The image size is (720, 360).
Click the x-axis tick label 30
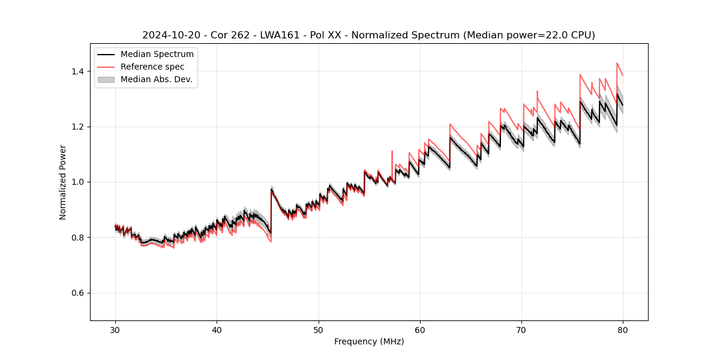[x=115, y=330]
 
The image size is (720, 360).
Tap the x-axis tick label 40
[x=217, y=330]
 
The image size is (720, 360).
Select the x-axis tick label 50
[x=319, y=330]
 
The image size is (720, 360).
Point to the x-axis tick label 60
[x=420, y=330]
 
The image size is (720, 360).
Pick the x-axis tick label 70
[x=521, y=330]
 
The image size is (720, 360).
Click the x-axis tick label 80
[x=623, y=330]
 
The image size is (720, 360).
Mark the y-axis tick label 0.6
[x=77, y=293]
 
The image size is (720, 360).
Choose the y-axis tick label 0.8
[x=77, y=238]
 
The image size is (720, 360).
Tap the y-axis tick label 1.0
[x=77, y=182]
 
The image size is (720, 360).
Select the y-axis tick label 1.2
[x=77, y=127]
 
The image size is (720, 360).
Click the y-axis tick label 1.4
[x=77, y=71]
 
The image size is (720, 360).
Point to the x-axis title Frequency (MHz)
[x=369, y=341]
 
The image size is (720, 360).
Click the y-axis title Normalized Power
[x=63, y=182]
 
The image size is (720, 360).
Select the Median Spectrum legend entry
[x=157, y=55]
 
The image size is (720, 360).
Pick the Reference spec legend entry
[x=152, y=67]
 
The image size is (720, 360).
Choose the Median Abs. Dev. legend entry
[x=156, y=79]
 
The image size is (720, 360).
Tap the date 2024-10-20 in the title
[x=170, y=35]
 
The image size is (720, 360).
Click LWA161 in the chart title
[x=280, y=35]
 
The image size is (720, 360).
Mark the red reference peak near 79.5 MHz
[x=617, y=63]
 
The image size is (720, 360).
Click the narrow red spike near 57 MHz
[x=392, y=151]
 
